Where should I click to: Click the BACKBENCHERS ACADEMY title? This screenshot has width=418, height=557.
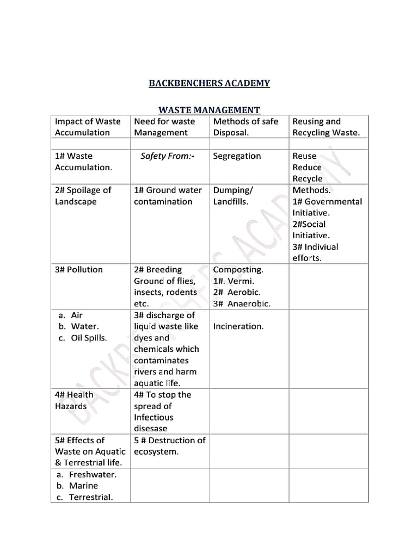pos(210,83)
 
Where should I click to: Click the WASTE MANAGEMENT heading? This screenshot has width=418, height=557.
pos(210,109)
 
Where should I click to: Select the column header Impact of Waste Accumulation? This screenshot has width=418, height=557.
pos(88,127)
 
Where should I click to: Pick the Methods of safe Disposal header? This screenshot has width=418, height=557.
pos(245,127)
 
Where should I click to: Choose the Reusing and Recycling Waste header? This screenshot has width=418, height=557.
pos(326,127)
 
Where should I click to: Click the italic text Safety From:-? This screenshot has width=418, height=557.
pos(167,156)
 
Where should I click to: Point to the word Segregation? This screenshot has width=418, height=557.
pos(237,156)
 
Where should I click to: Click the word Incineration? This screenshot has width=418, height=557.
pos(238,326)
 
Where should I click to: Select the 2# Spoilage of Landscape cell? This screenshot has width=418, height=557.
pos(83,196)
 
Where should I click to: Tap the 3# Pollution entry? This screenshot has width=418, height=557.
pos(79,270)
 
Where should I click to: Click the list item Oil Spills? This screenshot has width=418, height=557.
pos(88,338)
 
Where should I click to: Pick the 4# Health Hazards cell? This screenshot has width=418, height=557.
pos(74,400)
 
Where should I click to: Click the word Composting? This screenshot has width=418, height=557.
pos(238,270)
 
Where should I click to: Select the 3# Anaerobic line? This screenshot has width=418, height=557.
pos(242,304)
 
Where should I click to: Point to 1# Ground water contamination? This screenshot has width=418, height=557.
pos(167,196)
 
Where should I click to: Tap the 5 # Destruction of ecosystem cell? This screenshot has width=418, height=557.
pos(169,446)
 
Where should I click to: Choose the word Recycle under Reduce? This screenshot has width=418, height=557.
pos(308,179)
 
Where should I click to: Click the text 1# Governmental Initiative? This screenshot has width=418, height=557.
pos(327,207)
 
